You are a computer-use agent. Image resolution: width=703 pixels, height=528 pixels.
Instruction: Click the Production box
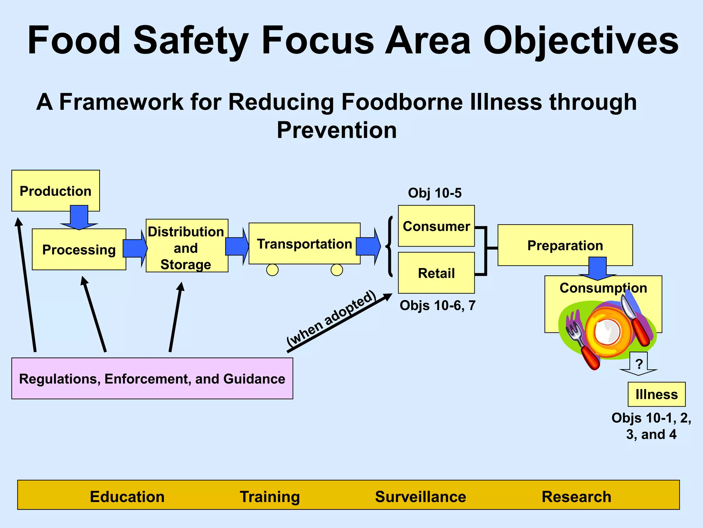[x=55, y=190]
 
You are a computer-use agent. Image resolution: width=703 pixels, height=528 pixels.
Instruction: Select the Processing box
[x=79, y=250]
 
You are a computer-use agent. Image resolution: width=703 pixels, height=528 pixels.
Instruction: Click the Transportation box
[x=304, y=244]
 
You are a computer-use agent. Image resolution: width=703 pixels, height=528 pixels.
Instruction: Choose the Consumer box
[x=436, y=226]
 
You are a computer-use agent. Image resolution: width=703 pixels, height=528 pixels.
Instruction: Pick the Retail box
[x=436, y=273]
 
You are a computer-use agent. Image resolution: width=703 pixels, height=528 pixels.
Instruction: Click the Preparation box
[x=565, y=245]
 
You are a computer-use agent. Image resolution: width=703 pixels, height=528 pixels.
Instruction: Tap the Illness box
[x=656, y=394]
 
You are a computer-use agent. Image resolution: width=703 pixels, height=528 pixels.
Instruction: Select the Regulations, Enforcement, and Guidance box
[x=152, y=378]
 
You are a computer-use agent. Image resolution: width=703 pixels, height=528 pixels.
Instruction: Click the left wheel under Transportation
[x=272, y=270]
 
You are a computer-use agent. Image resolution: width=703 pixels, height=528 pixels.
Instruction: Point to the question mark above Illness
[x=639, y=363]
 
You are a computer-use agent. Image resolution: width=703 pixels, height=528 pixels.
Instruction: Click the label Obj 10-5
[x=435, y=193]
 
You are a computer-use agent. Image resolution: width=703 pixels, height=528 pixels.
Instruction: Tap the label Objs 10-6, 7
[x=437, y=305]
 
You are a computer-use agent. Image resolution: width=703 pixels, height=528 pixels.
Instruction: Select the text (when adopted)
[x=331, y=318]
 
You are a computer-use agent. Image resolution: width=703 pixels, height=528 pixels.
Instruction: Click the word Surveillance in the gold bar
[x=420, y=497]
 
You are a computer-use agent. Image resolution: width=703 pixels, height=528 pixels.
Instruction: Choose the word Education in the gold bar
[x=127, y=497]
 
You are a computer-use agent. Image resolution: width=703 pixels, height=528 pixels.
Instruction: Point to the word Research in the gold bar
[x=576, y=497]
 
